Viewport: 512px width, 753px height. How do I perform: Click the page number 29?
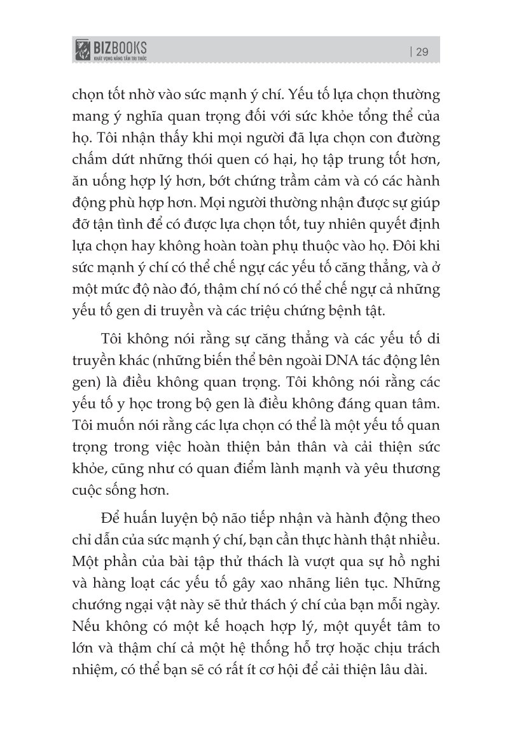[422, 52]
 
